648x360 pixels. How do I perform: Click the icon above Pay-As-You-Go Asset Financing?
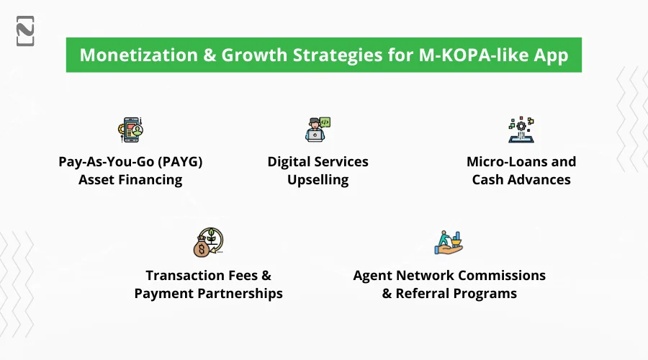click(131, 130)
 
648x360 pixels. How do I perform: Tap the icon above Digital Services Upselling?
click(318, 130)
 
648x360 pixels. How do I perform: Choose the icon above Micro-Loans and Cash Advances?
click(521, 130)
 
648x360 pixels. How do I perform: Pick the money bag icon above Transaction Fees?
click(207, 243)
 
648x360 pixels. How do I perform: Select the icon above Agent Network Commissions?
click(449, 243)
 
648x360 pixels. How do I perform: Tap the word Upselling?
click(318, 180)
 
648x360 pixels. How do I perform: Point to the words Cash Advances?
click(521, 180)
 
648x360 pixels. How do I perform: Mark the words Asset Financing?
click(130, 180)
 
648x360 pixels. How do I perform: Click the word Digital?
click(291, 161)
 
